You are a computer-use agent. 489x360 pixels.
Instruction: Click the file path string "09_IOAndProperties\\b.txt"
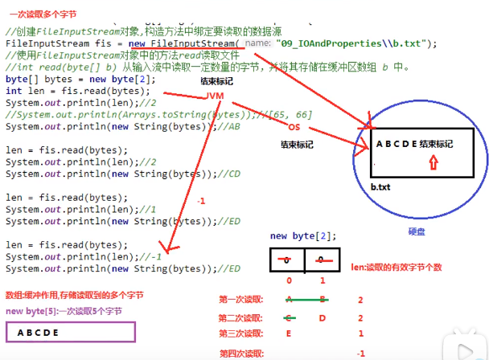pyautogui.click(x=347, y=42)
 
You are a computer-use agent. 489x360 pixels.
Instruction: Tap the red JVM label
pyautogui.click(x=215, y=96)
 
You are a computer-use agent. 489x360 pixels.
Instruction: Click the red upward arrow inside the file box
pyautogui.click(x=434, y=163)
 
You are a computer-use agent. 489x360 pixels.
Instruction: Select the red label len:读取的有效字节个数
pyautogui.click(x=397, y=266)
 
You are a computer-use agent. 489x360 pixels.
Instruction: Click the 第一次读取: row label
pyautogui.click(x=240, y=299)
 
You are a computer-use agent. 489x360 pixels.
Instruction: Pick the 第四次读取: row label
pyautogui.click(x=240, y=353)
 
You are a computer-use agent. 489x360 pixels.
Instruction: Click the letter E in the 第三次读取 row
pyautogui.click(x=288, y=333)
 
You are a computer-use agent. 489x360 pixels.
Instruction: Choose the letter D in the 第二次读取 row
pyautogui.click(x=322, y=317)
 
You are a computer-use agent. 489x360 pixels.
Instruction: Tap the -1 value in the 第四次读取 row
pyautogui.click(x=360, y=353)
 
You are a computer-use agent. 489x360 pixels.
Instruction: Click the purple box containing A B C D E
pyautogui.click(x=70, y=333)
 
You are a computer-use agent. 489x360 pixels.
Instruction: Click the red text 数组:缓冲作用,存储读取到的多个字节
pyautogui.click(x=75, y=295)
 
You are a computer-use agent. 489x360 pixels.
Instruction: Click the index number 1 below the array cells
pyautogui.click(x=323, y=281)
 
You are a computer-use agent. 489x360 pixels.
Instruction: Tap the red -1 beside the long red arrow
pyautogui.click(x=200, y=202)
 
